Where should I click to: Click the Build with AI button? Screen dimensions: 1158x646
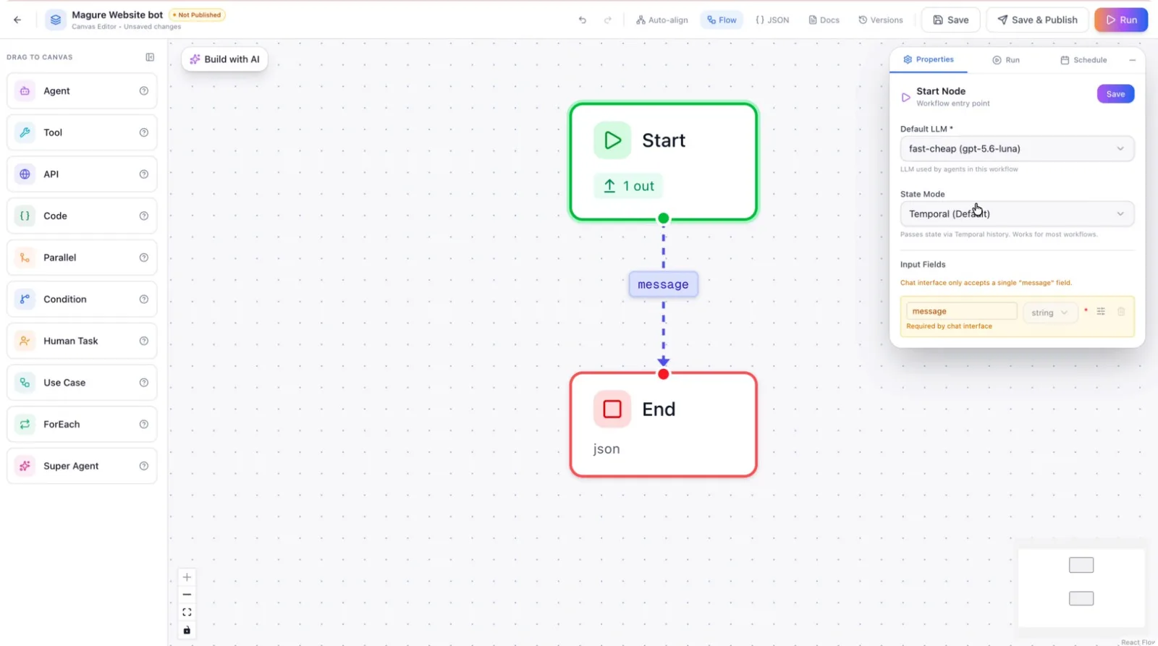pos(224,59)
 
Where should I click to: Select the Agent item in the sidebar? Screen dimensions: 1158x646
pos(82,91)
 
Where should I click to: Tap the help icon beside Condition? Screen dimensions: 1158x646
pos(144,299)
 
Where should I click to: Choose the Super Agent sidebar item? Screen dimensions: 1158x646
pos(82,466)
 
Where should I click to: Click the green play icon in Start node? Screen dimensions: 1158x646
pos(612,140)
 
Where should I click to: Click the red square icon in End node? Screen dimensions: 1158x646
pos(612,409)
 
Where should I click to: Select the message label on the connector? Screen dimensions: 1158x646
pos(663,284)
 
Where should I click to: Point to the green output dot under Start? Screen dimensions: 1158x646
pos(663,218)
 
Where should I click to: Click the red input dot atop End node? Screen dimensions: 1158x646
pos(663,374)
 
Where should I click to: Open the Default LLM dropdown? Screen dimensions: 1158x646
pos(1017,149)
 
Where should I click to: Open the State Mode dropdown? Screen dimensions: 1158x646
pos(1017,214)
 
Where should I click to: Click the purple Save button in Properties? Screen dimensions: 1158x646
pos(1115,94)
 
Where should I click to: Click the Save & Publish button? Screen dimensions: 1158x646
pos(1038,20)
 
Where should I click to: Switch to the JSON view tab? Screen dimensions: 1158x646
pos(772,20)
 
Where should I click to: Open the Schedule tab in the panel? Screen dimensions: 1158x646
pos(1083,60)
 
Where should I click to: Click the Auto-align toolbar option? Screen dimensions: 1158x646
pos(662,20)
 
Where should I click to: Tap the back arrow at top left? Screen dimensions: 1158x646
pos(17,20)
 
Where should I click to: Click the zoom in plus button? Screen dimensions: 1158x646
pos(187,577)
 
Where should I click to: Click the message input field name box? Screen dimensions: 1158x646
pos(962,311)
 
